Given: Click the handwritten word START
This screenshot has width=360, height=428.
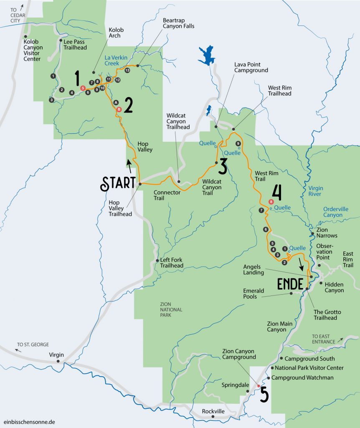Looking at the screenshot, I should (x=118, y=183).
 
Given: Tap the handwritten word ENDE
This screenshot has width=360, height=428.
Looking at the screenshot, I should (x=290, y=284).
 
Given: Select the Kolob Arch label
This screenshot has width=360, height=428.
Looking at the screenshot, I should (x=116, y=33).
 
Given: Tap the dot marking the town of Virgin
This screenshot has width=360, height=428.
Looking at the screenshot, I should (x=58, y=361).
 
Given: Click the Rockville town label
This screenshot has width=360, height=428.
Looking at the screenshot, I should (x=213, y=411).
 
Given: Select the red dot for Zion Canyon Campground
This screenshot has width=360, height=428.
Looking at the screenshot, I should (x=259, y=386).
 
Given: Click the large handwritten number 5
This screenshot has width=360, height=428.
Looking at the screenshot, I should (x=264, y=395).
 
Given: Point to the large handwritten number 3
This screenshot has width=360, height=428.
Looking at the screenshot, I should (x=222, y=166).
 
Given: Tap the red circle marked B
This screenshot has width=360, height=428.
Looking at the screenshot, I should (x=119, y=109).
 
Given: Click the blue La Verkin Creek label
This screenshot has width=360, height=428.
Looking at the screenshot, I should (x=115, y=61).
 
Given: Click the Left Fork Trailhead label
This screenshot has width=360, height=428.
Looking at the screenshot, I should (x=172, y=262).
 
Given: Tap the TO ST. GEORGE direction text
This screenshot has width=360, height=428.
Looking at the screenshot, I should (x=33, y=344).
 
